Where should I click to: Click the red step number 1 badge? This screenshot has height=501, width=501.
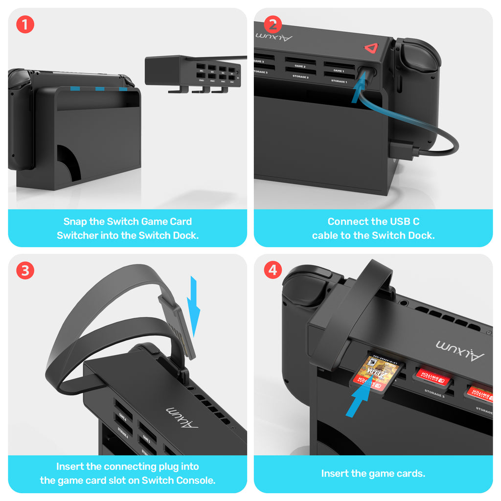pos(25,24)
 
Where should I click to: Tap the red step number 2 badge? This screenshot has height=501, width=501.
pos(273,24)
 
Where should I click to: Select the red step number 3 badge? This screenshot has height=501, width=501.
pos(25,270)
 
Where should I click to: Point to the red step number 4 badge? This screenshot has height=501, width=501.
pos(273,270)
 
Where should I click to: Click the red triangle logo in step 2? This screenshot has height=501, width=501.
pos(370,48)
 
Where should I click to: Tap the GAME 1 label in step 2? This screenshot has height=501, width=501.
pos(339,70)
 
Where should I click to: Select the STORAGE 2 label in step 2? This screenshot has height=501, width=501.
pos(300,77)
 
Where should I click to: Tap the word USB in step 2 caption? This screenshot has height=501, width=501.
pos(389,222)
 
